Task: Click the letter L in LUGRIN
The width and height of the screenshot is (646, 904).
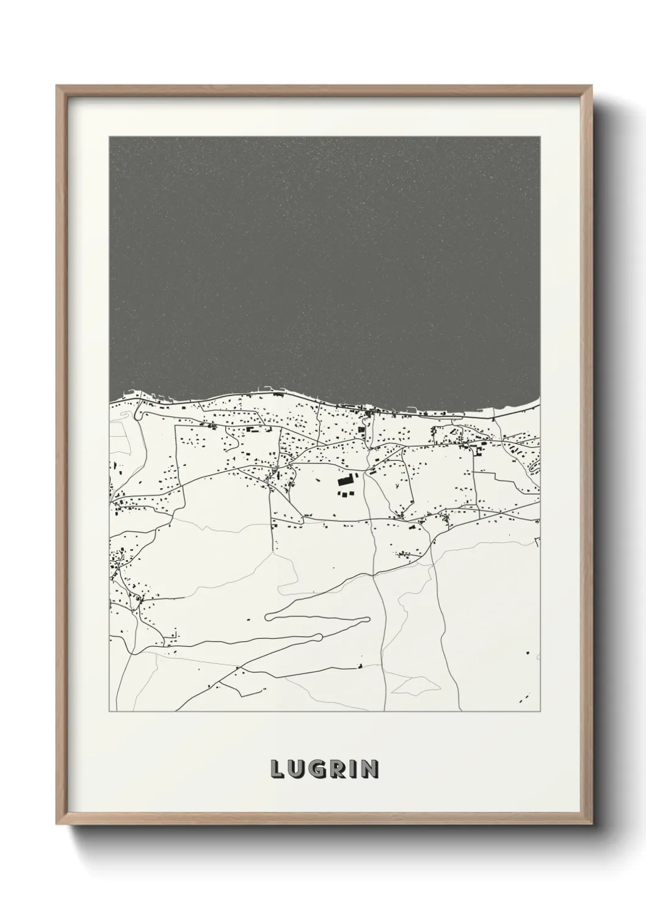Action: [275, 769]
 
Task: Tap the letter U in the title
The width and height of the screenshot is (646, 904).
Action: [294, 769]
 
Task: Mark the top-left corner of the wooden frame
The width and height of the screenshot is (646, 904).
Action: [57, 86]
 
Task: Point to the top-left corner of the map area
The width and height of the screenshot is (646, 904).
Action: [109, 137]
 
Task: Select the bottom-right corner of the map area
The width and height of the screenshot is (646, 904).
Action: [540, 712]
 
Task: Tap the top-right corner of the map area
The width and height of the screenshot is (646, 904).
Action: [540, 137]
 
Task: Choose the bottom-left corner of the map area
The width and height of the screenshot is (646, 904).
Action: [109, 712]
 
